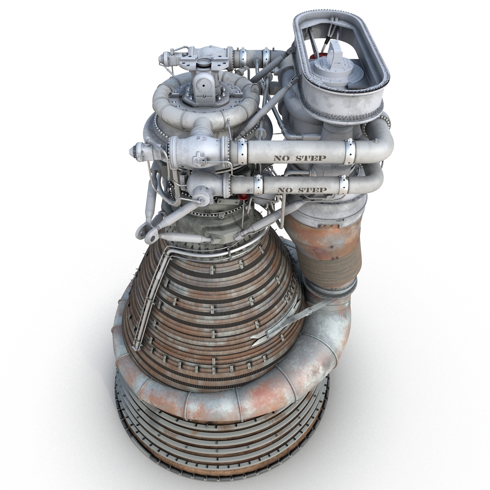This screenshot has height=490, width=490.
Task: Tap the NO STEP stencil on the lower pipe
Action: [302, 190]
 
